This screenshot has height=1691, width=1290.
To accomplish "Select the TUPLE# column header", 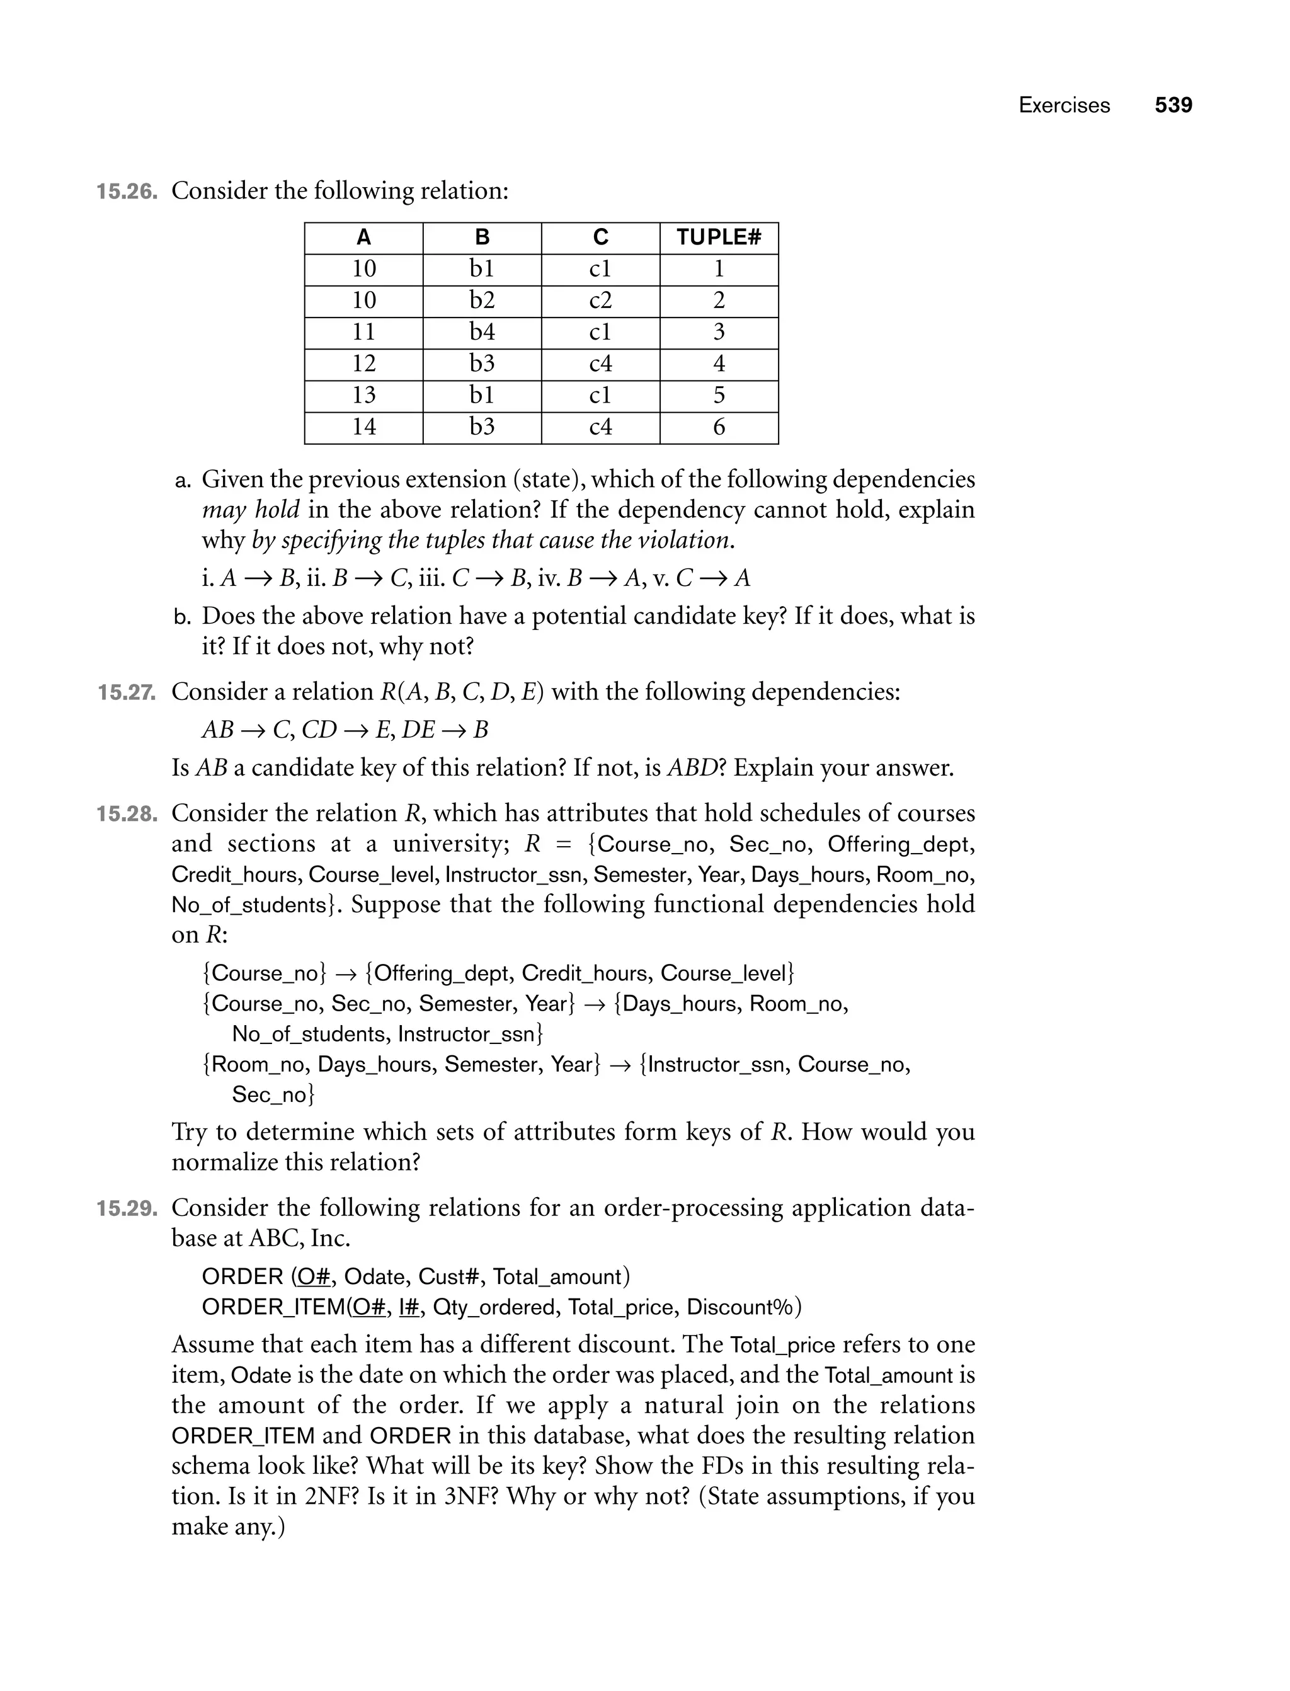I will point(718,238).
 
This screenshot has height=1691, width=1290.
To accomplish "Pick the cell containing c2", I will point(600,301).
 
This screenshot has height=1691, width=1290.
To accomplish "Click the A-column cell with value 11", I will point(363,332).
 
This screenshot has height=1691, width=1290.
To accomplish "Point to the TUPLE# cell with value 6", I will point(718,427).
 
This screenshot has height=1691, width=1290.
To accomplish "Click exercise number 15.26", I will point(127,192).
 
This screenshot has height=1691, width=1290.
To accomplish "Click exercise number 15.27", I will point(127,692).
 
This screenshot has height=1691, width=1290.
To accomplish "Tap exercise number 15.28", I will point(127,814).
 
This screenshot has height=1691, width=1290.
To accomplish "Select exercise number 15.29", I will point(127,1208).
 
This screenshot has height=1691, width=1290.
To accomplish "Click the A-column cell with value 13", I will point(363,395).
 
